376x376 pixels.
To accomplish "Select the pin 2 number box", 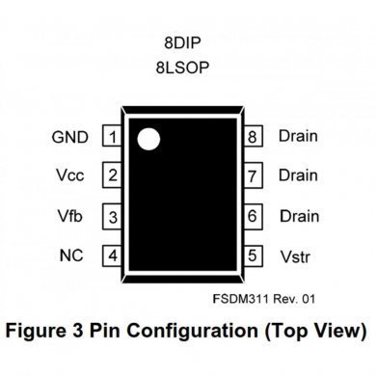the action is coord(114,175).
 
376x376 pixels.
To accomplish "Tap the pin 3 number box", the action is coord(114,216).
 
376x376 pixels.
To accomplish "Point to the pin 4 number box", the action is coord(114,256).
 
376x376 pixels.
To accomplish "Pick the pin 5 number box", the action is coord(253,256).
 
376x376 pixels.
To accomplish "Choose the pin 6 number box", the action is coord(253,216).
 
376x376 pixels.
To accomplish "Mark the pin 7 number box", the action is coord(253,175).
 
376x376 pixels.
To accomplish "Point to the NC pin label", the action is coord(70,256).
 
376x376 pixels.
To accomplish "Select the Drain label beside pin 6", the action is coord(298,216).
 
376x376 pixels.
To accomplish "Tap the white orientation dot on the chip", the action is coord(147,138).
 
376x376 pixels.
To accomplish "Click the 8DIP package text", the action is coord(183,42).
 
